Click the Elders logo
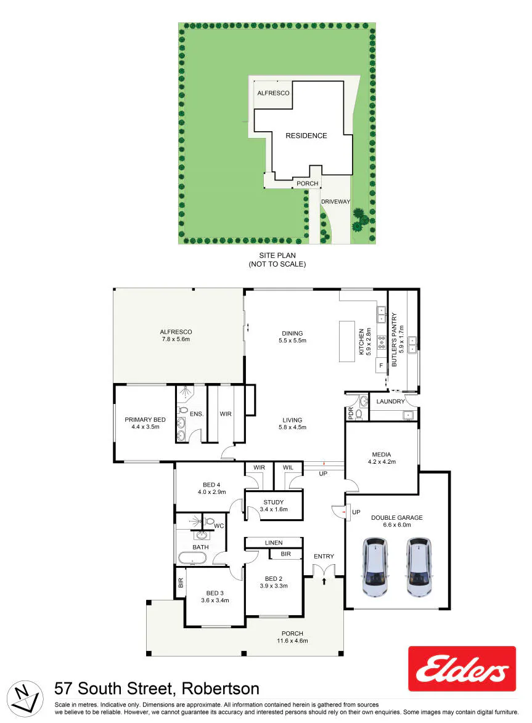coord(462,669)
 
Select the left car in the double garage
coord(375,566)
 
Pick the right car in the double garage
coord(419,566)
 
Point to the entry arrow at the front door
coord(324,581)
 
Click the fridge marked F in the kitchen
coord(381,366)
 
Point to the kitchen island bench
coord(348,341)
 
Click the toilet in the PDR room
coord(359,414)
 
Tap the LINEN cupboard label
coord(274,543)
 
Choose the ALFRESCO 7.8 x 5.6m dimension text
coord(176,339)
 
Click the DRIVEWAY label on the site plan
coord(335,201)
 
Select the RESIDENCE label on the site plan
coord(306,135)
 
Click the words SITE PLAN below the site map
coord(277,255)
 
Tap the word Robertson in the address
coord(221,689)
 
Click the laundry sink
coord(408,415)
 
